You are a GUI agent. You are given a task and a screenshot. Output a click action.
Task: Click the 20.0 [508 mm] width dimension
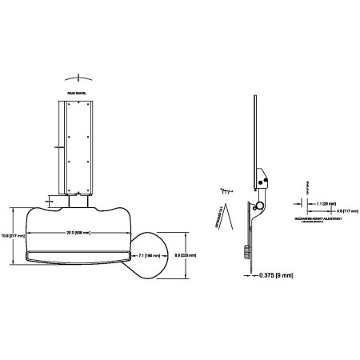78,233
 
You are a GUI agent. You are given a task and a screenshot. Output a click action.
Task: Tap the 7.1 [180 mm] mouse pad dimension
148,255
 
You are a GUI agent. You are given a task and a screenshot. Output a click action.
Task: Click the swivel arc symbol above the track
77,78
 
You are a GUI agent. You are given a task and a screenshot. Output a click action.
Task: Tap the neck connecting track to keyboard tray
77,198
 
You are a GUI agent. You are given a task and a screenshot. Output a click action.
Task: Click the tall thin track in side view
255,128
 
